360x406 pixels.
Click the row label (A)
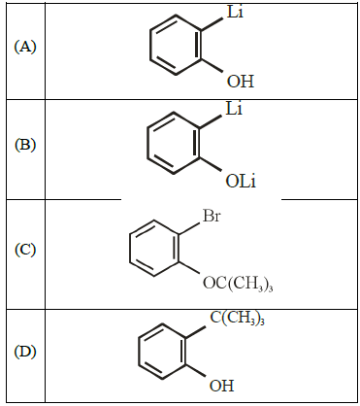pos(25,48)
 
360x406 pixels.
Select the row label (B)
pos(25,145)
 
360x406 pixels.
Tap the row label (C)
pos(25,250)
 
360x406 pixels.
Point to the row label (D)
pos(25,352)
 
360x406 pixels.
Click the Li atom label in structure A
pos(235,12)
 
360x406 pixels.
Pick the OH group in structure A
pos(241,81)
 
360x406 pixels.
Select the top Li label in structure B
pos(234,109)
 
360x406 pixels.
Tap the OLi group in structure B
pos(241,182)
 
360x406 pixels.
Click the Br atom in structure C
pos(212,216)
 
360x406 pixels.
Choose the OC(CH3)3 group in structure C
pos(238,284)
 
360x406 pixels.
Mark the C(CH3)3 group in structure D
pos(237,318)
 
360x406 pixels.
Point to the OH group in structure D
pos(221,386)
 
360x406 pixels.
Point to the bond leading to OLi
pos(211,164)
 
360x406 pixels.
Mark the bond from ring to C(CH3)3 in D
pos(196,333)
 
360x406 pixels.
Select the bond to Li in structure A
pos(213,24)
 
